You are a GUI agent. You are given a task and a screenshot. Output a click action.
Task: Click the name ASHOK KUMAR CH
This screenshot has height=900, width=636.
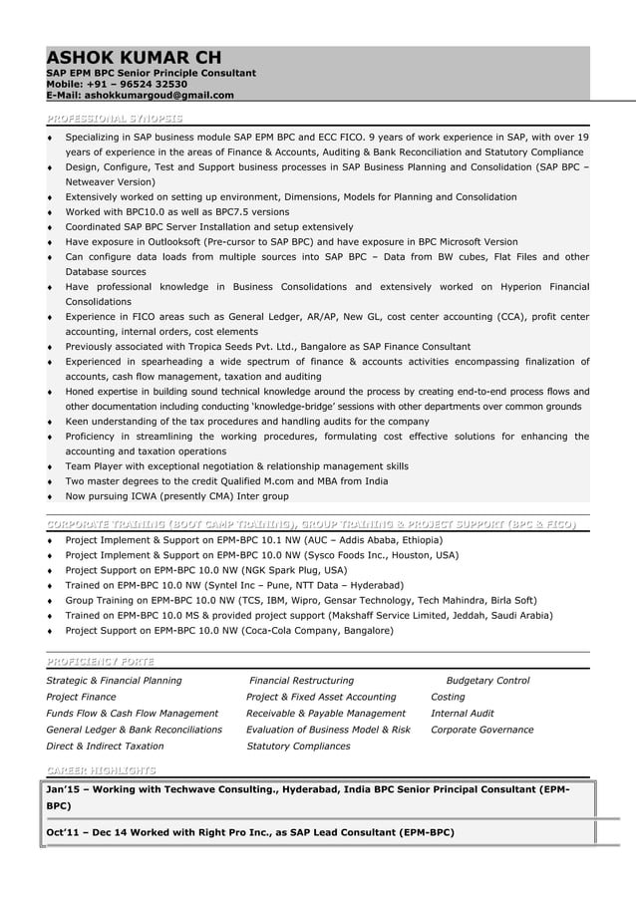[134, 58]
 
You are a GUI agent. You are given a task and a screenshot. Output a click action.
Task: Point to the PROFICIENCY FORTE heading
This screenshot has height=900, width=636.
[101, 662]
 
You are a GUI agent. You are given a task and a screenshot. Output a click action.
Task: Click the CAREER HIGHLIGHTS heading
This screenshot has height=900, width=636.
[101, 769]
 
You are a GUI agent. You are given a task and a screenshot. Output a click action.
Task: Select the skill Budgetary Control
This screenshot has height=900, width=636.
[487, 681]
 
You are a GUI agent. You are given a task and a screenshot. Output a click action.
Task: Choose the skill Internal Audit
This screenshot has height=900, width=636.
[462, 714]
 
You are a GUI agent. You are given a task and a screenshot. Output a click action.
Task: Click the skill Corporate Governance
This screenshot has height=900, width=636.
[481, 730]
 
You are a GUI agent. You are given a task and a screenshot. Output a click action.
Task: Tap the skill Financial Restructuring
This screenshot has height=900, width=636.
[301, 681]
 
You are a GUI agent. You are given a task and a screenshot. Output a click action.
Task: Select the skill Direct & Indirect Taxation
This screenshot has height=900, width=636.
[105, 746]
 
